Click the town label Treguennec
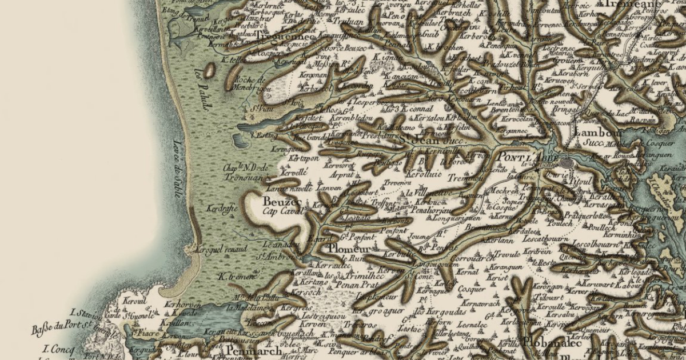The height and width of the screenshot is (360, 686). (x=285, y=37)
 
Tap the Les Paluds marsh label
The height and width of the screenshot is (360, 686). (x=202, y=89)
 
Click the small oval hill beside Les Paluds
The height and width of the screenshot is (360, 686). (x=209, y=70)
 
